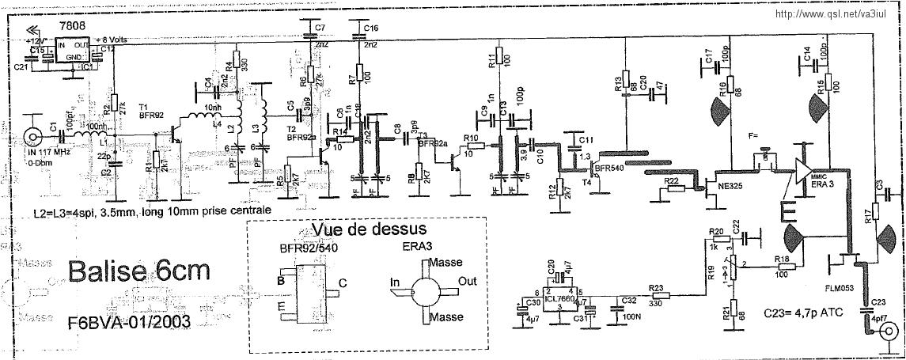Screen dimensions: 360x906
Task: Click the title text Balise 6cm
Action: pyautogui.click(x=139, y=271)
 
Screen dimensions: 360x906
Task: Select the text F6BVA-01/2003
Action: pyautogui.click(x=129, y=324)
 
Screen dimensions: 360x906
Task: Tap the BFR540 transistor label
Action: pyautogui.click(x=608, y=169)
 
